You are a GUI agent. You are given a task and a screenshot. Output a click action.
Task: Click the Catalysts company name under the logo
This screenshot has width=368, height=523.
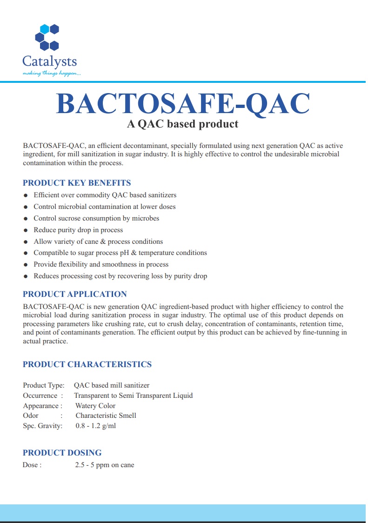[49, 61]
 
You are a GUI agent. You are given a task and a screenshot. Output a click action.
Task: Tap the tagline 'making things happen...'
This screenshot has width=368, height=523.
[52, 73]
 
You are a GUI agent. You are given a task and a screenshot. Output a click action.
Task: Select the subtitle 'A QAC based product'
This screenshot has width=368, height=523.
[183, 124]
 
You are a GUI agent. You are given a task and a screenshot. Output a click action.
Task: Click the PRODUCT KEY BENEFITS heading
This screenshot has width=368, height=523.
[77, 183]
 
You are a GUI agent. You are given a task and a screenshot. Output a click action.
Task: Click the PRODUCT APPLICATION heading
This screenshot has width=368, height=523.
[75, 294]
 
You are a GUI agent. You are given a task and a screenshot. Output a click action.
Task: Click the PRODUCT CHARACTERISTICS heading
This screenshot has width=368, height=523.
[87, 364]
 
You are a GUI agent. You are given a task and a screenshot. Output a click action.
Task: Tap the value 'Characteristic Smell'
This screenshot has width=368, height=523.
[106, 416]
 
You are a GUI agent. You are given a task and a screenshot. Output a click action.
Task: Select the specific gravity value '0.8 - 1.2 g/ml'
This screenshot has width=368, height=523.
[95, 425]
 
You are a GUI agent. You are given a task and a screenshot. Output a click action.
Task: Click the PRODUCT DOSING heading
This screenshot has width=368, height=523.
[62, 453]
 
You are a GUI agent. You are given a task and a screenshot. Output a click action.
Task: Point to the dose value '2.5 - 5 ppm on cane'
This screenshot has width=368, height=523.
[104, 465]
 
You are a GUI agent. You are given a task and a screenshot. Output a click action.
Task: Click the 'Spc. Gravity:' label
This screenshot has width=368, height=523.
[43, 425]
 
